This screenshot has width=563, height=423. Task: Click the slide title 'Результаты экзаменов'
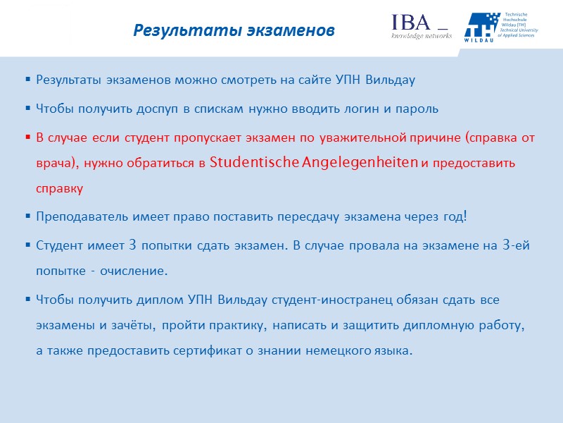click(x=234, y=31)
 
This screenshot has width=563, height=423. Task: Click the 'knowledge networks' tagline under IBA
click(x=422, y=36)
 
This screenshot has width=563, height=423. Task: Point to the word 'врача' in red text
click(x=58, y=164)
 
